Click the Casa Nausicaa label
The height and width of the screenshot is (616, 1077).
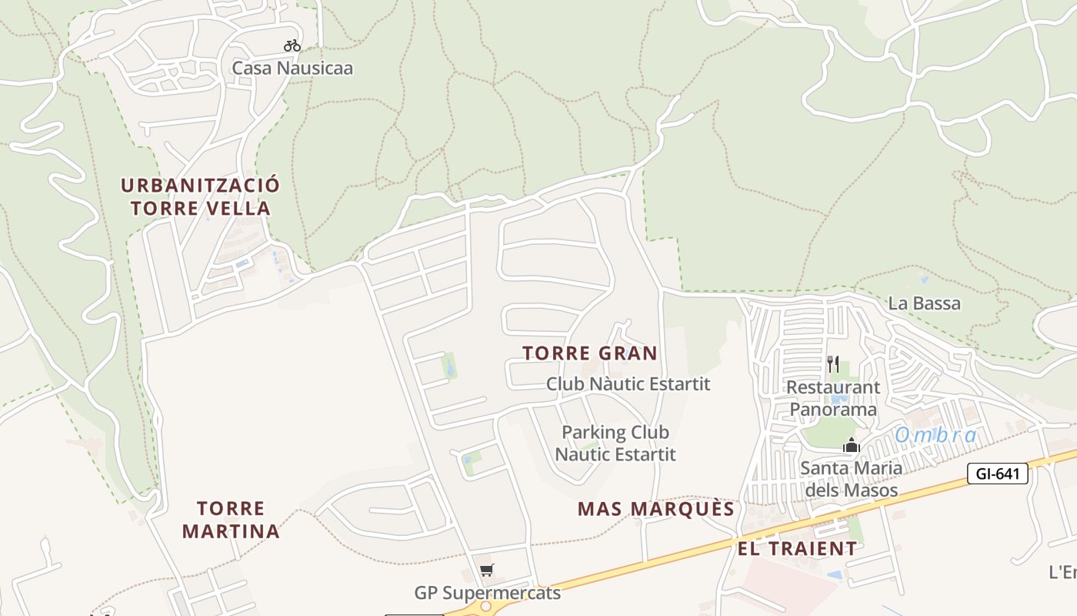pos(292,68)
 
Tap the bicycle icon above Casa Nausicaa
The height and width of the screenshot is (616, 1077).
pos(292,45)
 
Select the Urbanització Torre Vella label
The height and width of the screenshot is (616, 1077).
pos(200,196)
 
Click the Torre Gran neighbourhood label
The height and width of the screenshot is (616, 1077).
pos(590,353)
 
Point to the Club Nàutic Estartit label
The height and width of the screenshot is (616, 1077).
pos(628,383)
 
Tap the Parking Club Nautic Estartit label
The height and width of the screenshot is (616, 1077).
pos(615,443)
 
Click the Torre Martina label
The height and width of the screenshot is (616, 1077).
pos(231,520)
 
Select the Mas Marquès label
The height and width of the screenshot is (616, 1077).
pos(656,509)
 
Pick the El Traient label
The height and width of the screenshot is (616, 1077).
pos(797,548)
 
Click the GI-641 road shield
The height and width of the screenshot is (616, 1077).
pos(998,474)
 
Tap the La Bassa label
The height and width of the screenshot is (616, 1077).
pos(924,303)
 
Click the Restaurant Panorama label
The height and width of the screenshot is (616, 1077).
pos(833,398)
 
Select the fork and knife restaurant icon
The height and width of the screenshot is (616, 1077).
pos(833,363)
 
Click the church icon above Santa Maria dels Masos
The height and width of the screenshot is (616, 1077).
pos(851,445)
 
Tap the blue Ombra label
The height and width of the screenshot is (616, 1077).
pos(935,435)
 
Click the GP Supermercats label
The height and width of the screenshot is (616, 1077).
pos(488,593)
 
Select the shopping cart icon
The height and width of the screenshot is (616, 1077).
pos(486,571)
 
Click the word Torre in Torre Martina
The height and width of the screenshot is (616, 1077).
pos(231,509)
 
